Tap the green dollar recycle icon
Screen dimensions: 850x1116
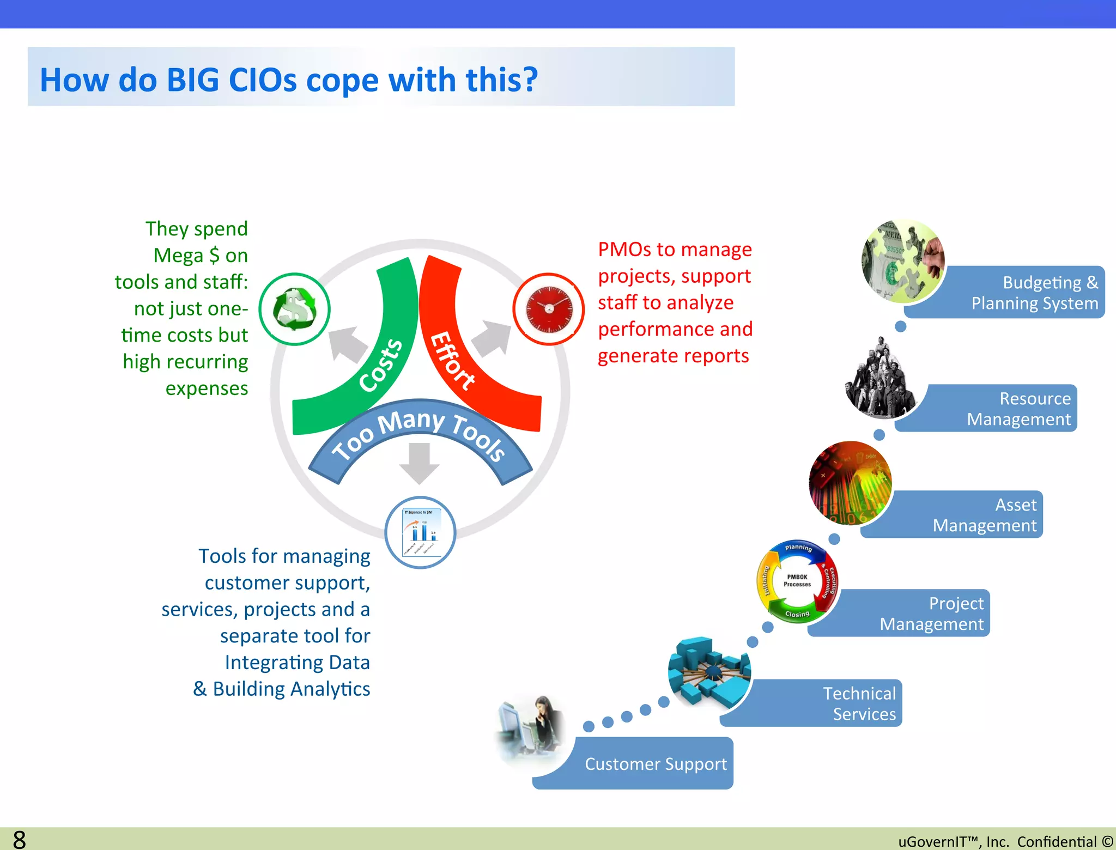point(294,309)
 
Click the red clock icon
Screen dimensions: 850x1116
point(549,309)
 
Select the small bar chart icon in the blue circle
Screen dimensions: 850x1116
point(420,532)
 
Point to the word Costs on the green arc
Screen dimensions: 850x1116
point(381,365)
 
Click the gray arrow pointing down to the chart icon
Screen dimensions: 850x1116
point(419,463)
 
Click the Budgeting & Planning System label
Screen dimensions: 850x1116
point(1034,293)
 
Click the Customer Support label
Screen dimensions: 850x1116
point(656,764)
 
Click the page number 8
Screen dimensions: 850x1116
point(19,840)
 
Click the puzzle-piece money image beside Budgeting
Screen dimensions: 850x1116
point(903,261)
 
